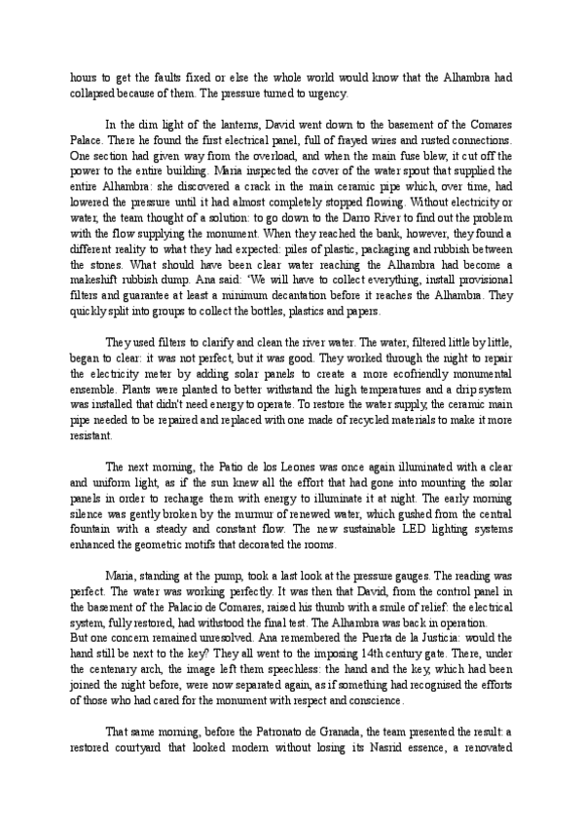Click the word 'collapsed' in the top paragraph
pos(94,94)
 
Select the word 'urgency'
pos(337,94)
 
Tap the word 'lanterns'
pos(239,125)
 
